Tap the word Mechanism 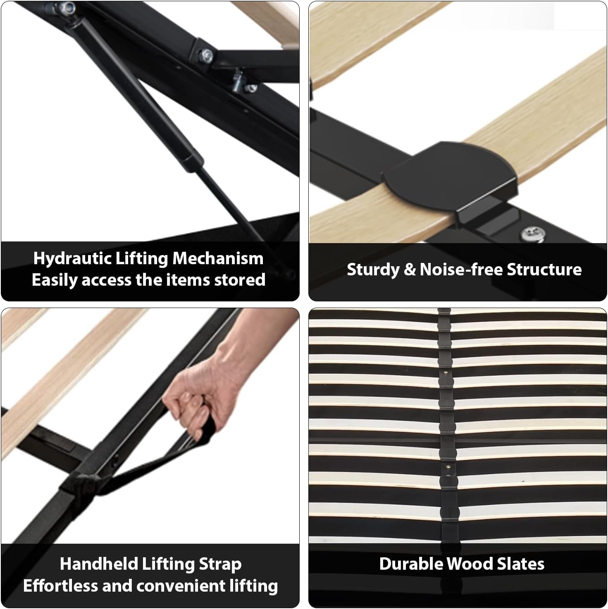[218, 258]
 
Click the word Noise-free [461, 270]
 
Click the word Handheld [98, 564]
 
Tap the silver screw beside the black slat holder [533, 234]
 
